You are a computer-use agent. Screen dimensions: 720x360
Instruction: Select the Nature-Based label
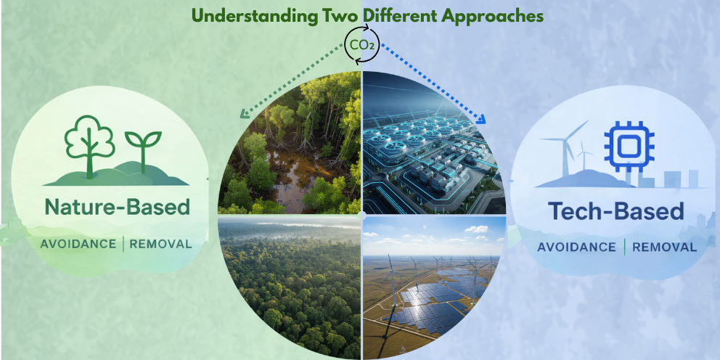pos(117,208)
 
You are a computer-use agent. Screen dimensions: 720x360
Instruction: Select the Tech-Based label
pos(615,211)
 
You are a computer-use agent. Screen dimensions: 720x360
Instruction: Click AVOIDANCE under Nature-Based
pos(78,244)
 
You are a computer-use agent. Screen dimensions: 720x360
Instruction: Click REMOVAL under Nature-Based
pos(160,244)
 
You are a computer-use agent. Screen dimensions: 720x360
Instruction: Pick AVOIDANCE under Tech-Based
pos(576,247)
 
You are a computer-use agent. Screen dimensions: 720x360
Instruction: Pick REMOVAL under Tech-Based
pos(664,247)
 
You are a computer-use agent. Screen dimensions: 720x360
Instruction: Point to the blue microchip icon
pos(629,147)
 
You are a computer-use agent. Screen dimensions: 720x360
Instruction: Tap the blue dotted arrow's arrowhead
pos(480,118)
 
